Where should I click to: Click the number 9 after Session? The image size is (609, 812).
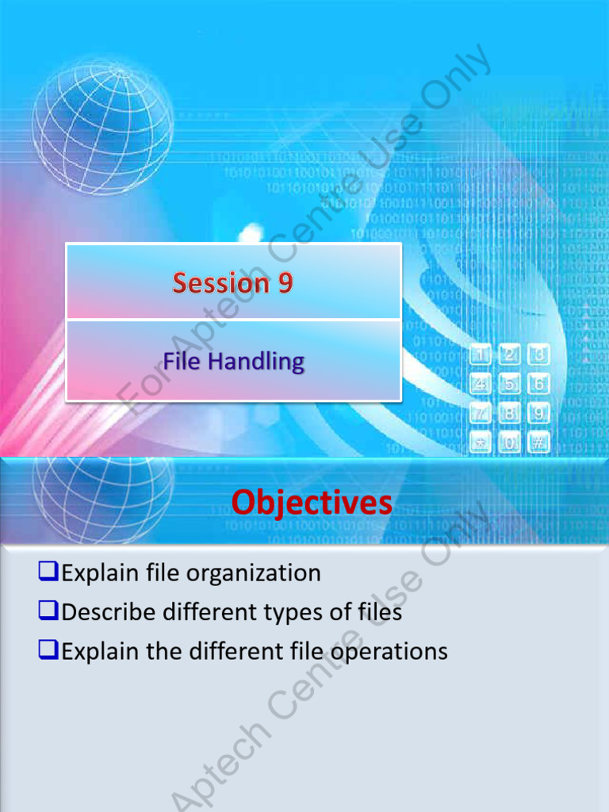[285, 283]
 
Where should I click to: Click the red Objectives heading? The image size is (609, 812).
[312, 502]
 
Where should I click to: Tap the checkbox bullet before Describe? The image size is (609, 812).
[48, 611]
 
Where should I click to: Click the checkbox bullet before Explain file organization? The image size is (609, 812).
[48, 572]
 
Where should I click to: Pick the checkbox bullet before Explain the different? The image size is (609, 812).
[48, 651]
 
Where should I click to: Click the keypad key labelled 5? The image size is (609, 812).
[509, 384]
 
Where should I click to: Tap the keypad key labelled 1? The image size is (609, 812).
[481, 354]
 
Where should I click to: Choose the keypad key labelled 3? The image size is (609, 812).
[539, 354]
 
